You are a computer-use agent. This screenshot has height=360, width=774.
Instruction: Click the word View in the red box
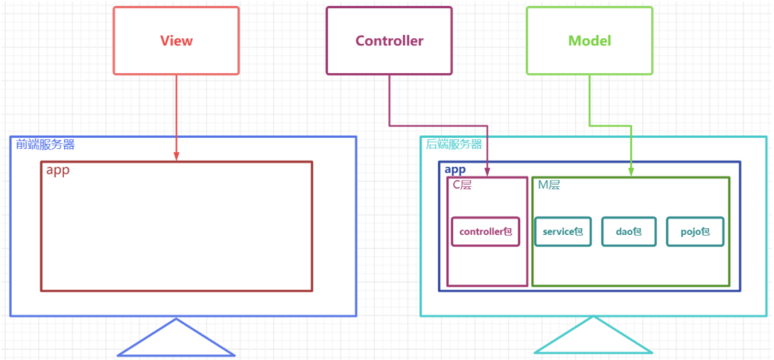(x=177, y=40)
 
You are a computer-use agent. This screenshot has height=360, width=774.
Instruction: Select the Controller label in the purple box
(x=390, y=40)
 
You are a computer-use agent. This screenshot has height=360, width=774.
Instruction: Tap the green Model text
(x=589, y=40)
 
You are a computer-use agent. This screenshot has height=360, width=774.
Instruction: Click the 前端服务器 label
(x=45, y=145)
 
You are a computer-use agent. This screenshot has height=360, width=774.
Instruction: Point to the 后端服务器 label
(x=454, y=145)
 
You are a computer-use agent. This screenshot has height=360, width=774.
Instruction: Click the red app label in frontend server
(x=58, y=171)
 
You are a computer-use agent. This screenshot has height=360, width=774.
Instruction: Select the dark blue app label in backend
(x=455, y=169)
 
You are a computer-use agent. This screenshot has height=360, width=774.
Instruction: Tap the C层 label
(x=463, y=185)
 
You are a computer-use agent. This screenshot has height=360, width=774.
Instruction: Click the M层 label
(x=549, y=185)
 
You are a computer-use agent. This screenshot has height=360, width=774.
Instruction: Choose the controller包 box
(x=486, y=232)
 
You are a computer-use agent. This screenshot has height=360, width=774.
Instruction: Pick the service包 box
(x=562, y=232)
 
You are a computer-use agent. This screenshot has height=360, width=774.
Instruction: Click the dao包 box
(x=629, y=232)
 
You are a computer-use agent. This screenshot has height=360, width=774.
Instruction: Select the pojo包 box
(x=695, y=232)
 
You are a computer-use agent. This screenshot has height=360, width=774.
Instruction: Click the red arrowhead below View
(x=177, y=156)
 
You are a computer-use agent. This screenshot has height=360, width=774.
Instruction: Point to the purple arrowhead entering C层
(x=488, y=172)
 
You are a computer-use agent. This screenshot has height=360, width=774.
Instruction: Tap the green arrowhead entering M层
(x=632, y=171)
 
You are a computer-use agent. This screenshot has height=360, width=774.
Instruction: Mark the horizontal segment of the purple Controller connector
(x=438, y=125)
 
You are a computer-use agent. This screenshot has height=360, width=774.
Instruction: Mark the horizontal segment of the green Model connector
(x=611, y=125)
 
